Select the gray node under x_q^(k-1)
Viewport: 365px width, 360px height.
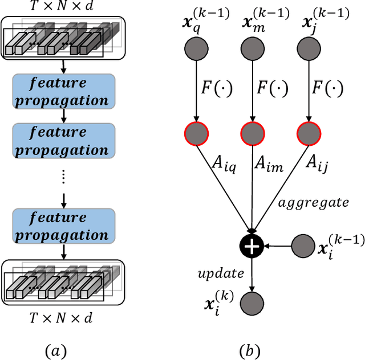(196, 50)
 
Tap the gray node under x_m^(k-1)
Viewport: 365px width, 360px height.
(252, 50)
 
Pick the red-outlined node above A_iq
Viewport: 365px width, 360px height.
(196, 134)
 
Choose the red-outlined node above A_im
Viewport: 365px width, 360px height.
(252, 134)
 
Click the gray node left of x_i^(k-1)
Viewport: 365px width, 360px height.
(303, 247)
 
